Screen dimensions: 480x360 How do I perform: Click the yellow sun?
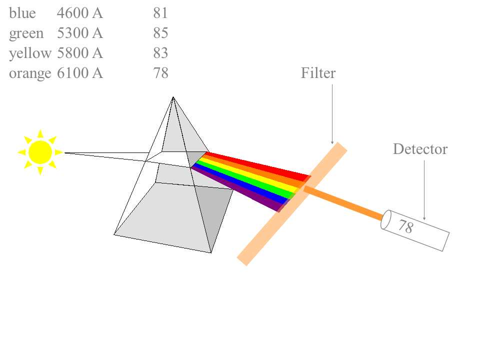click(x=40, y=152)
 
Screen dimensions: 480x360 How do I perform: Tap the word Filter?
click(x=318, y=73)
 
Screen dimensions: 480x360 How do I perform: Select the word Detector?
click(x=420, y=149)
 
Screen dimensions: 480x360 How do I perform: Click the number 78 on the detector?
click(x=406, y=226)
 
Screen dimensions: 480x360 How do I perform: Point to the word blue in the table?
click(x=22, y=13)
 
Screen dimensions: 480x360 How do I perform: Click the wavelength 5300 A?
click(x=80, y=33)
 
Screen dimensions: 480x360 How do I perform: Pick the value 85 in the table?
click(x=160, y=33)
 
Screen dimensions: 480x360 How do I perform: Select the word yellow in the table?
click(x=30, y=53)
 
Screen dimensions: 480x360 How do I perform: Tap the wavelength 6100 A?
click(x=80, y=73)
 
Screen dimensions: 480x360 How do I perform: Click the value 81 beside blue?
click(x=160, y=13)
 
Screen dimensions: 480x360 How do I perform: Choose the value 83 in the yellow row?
click(x=160, y=52)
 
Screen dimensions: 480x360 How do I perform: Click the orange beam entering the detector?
click(x=343, y=203)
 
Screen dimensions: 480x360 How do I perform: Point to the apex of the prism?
click(x=173, y=97)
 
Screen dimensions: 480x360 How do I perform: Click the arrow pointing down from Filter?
click(x=332, y=114)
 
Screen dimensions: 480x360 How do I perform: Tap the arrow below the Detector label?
click(x=424, y=190)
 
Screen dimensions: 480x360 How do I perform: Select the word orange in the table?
click(x=30, y=73)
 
